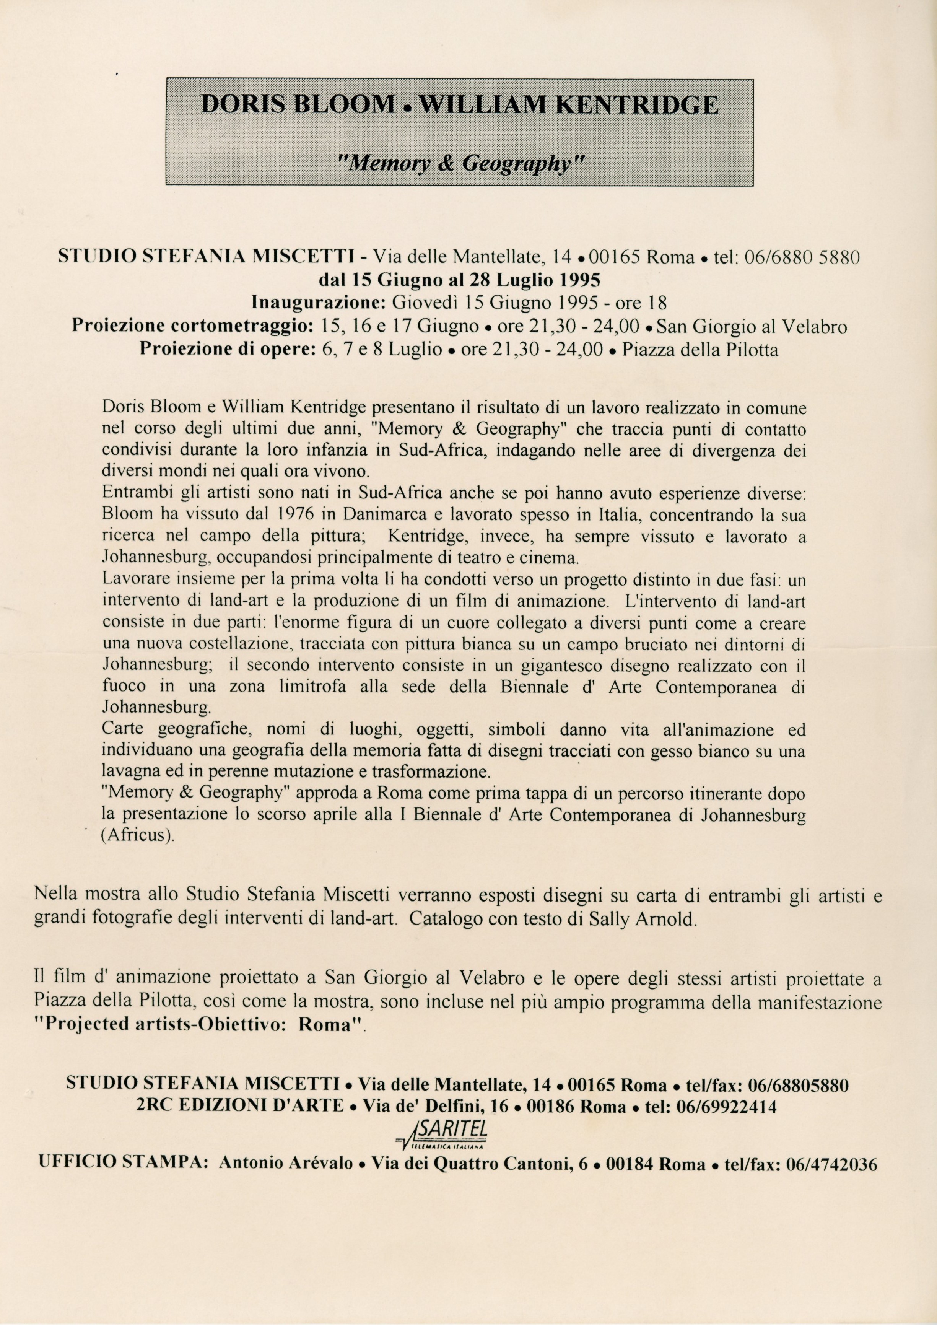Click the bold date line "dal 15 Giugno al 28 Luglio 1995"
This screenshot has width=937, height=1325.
pos(460,280)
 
